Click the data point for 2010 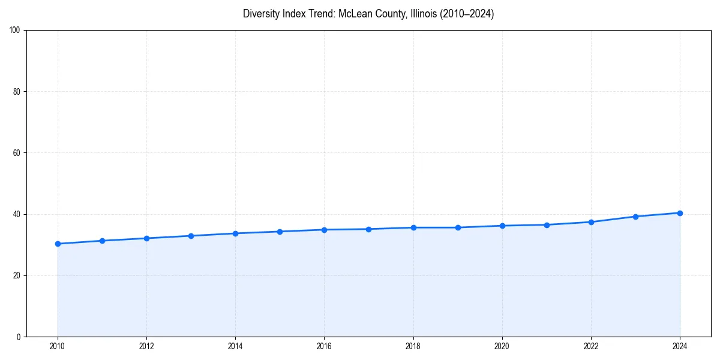(x=58, y=244)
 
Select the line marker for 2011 (x=102, y=241)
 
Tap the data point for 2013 (x=191, y=236)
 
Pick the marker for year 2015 (x=280, y=232)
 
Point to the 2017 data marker (x=368, y=229)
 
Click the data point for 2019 (x=458, y=227)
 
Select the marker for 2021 (x=547, y=225)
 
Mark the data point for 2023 (x=635, y=217)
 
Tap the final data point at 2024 (x=680, y=213)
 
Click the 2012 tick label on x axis (x=146, y=346)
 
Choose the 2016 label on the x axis (x=324, y=346)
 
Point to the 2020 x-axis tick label (x=502, y=346)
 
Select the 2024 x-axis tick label (x=680, y=346)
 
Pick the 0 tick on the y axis (x=19, y=337)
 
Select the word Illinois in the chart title (x=422, y=14)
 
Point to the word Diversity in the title (x=261, y=14)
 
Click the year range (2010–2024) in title (x=467, y=14)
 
